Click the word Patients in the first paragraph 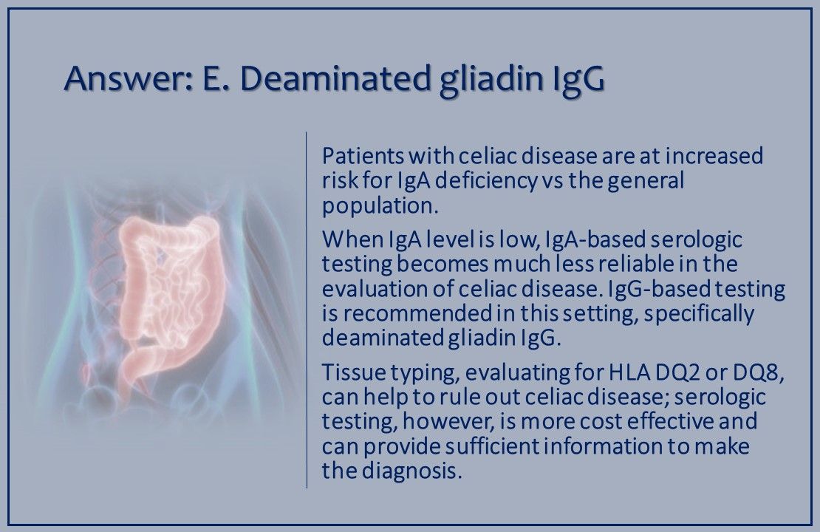coord(358,157)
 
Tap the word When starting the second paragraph coord(346,240)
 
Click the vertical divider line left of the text coord(307,310)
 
